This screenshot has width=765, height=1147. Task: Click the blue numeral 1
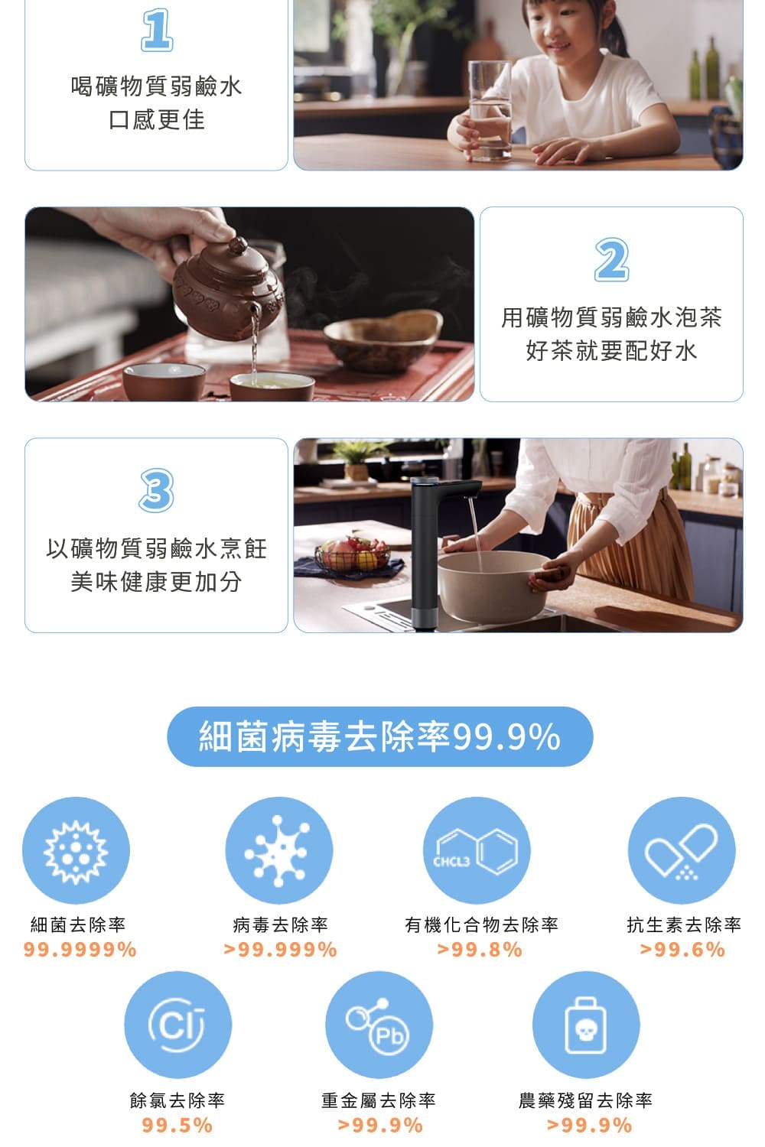[157, 30]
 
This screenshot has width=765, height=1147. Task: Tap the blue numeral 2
[611, 260]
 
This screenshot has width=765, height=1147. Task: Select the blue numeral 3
[156, 490]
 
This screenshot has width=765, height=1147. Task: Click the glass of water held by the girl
[490, 110]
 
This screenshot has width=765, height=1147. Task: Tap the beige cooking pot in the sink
[493, 586]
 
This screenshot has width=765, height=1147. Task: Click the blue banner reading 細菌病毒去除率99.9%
[379, 736]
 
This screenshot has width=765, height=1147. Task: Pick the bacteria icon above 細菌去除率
[76, 850]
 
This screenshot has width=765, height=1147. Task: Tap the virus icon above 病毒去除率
[278, 850]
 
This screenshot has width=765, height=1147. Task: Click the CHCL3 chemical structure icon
[477, 850]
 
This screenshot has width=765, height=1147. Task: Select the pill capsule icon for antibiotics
[682, 850]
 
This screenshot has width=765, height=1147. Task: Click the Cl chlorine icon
[177, 1025]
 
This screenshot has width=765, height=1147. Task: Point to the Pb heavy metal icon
[379, 1025]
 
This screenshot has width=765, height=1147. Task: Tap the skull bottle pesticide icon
[586, 1025]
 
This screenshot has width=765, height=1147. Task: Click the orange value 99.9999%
[80, 950]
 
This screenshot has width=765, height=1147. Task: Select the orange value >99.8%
[480, 950]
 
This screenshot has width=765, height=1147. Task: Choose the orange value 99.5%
[177, 1125]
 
